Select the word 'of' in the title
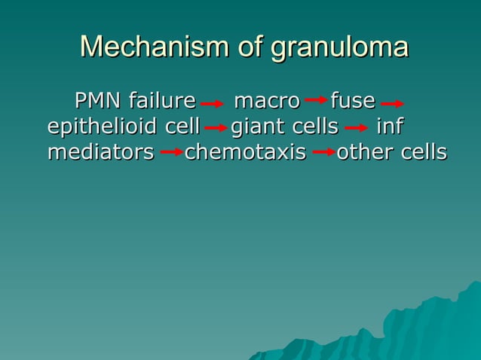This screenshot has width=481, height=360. point(248,47)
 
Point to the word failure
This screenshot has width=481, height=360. point(162,100)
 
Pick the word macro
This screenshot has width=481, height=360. point(267,100)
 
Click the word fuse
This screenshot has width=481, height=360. point(353,100)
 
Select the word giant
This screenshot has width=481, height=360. point(254,127)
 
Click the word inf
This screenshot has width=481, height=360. point(389,126)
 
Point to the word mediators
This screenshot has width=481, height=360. point(100,152)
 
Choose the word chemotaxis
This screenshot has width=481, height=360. point(246,152)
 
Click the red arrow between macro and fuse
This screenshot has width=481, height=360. point(316,100)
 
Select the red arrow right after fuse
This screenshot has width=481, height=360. point(393,104)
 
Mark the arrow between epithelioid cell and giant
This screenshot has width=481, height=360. point(216,129)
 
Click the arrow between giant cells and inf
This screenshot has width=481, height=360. point(355,129)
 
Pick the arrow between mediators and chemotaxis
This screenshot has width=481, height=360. point(172,152)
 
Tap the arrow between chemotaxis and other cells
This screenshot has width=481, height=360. point(324,152)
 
